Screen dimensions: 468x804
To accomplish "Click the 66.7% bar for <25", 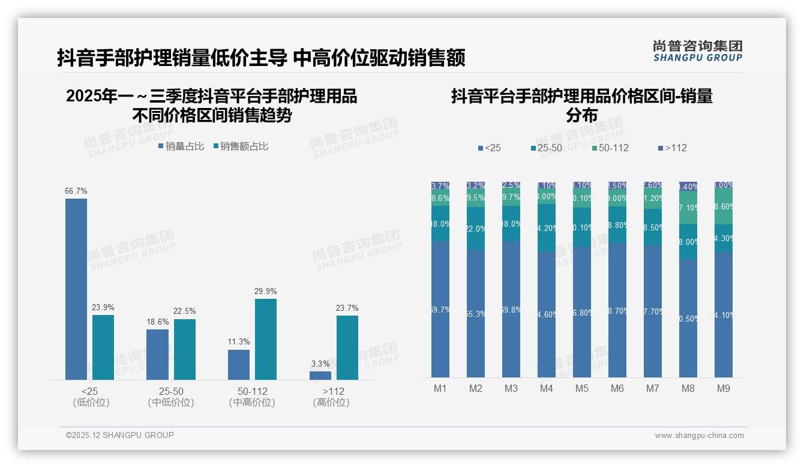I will pos(76,289).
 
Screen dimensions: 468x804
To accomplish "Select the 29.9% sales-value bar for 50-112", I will pos(266,339).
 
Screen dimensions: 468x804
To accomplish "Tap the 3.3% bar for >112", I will pos(320,376).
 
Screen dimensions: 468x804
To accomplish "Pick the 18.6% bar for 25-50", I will pos(158,354).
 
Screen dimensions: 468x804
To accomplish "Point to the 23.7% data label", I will pos(347,308).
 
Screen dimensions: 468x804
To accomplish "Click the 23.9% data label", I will pos(103,308).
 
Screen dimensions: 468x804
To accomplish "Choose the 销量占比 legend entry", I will pos(181,146).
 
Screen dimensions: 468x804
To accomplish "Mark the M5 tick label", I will pos(582,389).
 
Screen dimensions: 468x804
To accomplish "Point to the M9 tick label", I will pos(724,389).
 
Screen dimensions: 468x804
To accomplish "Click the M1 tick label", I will pos(440,389).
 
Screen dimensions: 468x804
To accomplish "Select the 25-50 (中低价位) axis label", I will pos(171,397).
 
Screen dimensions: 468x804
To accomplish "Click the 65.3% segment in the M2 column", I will pos(476,313).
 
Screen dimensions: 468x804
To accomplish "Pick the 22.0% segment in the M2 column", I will pos(476,229).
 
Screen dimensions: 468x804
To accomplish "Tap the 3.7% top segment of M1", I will pos(440,186).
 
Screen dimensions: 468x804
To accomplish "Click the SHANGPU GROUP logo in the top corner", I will pos(697,51).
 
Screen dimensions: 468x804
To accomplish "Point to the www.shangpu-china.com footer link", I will pos(699,436).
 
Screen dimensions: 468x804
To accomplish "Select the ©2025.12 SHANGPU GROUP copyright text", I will pos(120,435).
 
